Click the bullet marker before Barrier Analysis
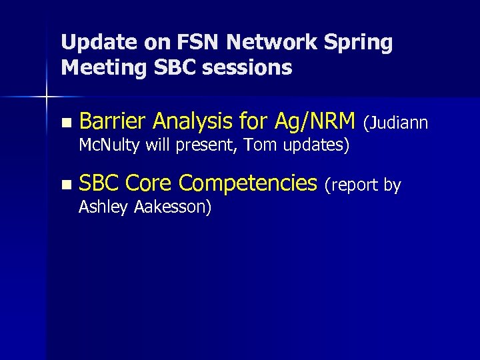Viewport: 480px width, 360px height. [64, 123]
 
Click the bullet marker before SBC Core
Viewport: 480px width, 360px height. [64, 184]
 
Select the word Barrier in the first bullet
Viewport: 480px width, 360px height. [113, 121]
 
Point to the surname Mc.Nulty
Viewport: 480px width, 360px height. [109, 145]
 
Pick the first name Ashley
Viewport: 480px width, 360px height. [104, 207]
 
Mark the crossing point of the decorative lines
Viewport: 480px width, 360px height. [46, 98]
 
